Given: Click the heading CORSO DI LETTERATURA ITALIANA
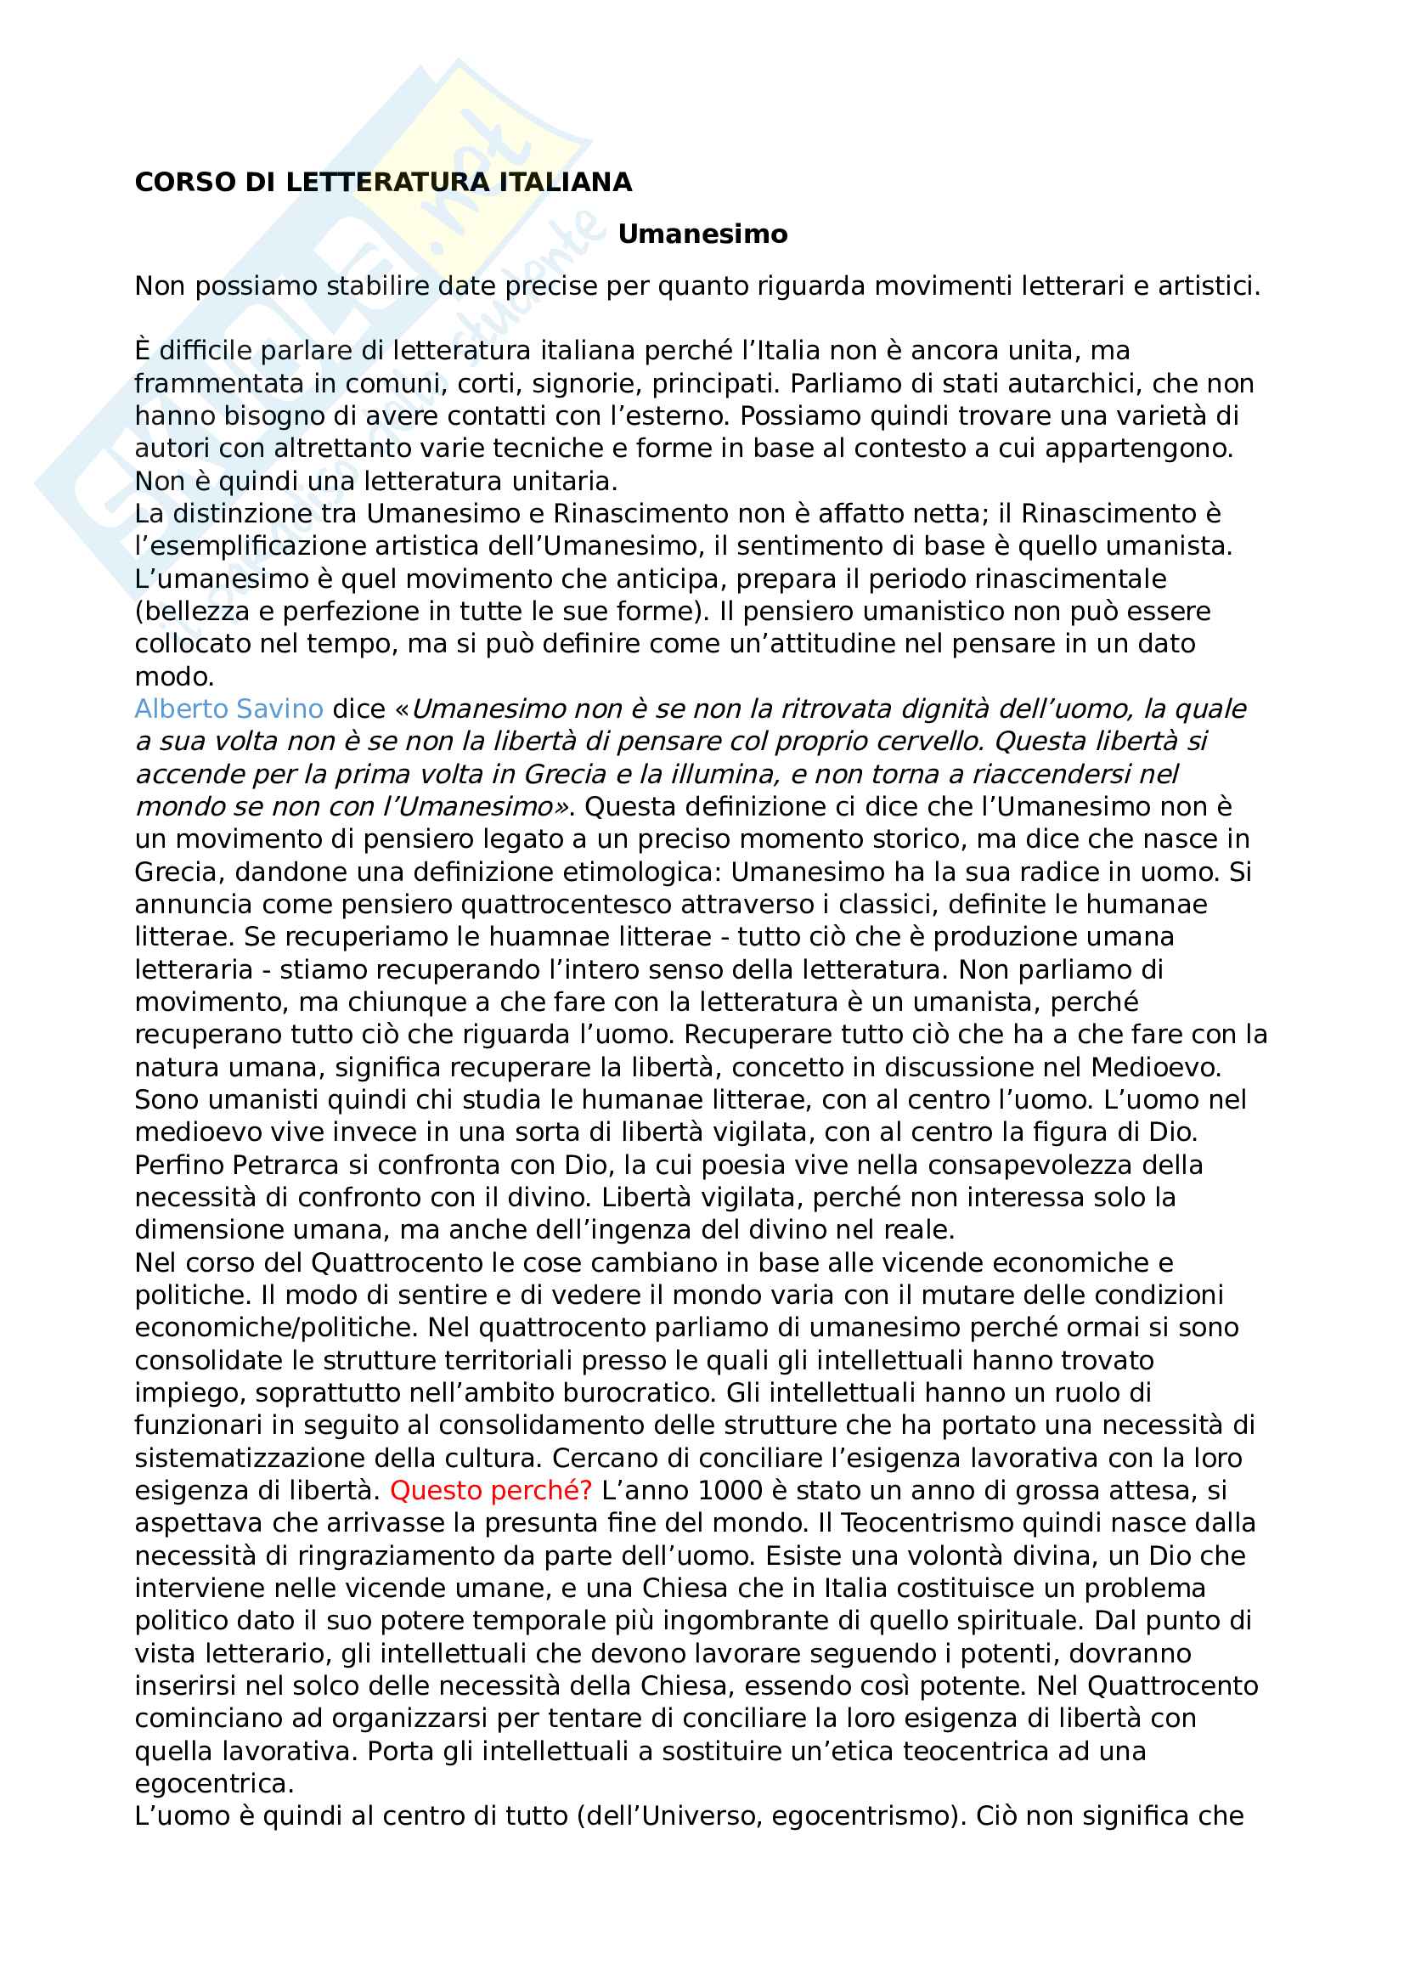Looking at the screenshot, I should coord(383,183).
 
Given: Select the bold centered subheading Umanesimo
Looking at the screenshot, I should coord(702,234).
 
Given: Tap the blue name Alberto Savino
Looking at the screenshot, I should coord(228,708).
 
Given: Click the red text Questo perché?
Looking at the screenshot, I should coord(490,1490).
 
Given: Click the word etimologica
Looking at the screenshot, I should coord(642,872).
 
